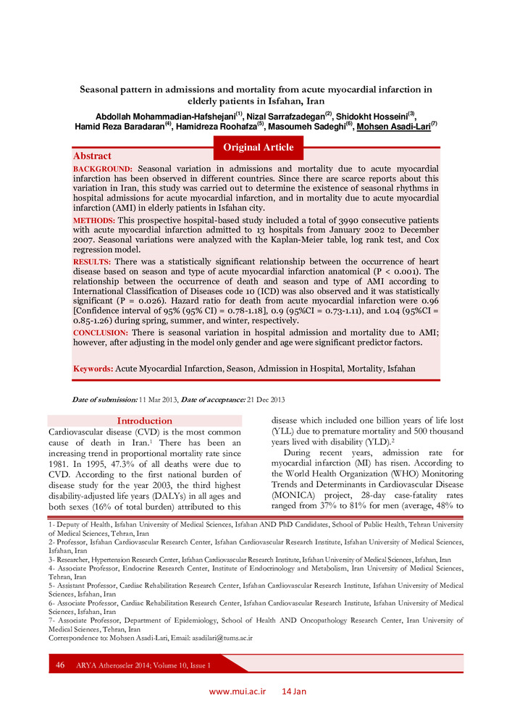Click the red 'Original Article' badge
coord(259,148)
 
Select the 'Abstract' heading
coord(92,156)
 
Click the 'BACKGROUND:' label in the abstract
coord(102,168)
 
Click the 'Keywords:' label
coord(93,369)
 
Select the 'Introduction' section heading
coord(145,421)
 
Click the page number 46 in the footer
coord(60,665)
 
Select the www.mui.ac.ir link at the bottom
coord(238,691)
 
